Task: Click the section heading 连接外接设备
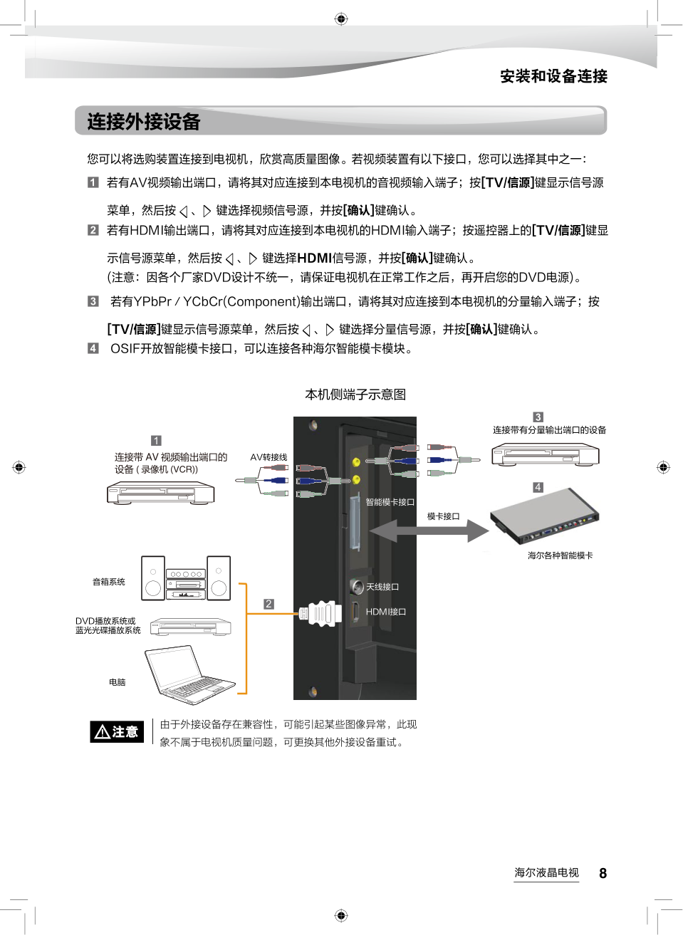coord(144,122)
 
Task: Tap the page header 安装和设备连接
coord(553,76)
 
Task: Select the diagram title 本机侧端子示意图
coord(355,395)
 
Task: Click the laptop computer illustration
coord(188,674)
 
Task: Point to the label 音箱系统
coord(108,582)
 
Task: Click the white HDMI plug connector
coord(321,613)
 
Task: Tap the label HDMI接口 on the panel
coord(386,612)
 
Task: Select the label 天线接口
coord(382,587)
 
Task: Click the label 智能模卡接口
coord(390,502)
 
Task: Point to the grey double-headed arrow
coord(429,531)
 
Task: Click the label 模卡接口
coord(443,516)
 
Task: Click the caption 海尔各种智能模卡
coord(560,555)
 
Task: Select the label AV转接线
coord(268,457)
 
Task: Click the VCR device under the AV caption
coord(160,492)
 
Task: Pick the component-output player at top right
coord(545,454)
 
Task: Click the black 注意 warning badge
coord(117,731)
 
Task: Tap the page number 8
coord(603,874)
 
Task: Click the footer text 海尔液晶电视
coord(546,872)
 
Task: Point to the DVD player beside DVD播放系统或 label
coord(190,627)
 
